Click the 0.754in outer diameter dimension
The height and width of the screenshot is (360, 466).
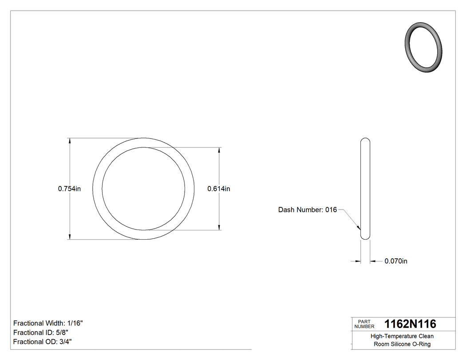coord(69,189)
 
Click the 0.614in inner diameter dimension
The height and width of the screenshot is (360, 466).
coord(219,189)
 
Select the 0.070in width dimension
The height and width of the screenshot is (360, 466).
coord(395,261)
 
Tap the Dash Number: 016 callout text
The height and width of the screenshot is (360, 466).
coord(308,210)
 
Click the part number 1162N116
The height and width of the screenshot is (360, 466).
coord(410,324)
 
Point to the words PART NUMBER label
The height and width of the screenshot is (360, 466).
coord(364,324)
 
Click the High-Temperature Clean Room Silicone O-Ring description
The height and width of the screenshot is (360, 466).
coord(402,340)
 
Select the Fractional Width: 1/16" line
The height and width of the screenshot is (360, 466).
coord(48,323)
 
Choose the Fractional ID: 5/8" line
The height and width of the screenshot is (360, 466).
coord(41,332)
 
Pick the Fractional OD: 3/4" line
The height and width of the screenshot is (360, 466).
coord(43,342)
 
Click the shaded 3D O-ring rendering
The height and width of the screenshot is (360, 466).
coord(424,47)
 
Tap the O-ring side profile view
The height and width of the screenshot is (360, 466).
coord(365,189)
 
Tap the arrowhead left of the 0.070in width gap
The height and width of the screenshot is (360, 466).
coord(357,261)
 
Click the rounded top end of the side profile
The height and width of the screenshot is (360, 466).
coord(365,140)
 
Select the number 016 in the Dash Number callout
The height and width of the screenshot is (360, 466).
coord(331,210)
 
